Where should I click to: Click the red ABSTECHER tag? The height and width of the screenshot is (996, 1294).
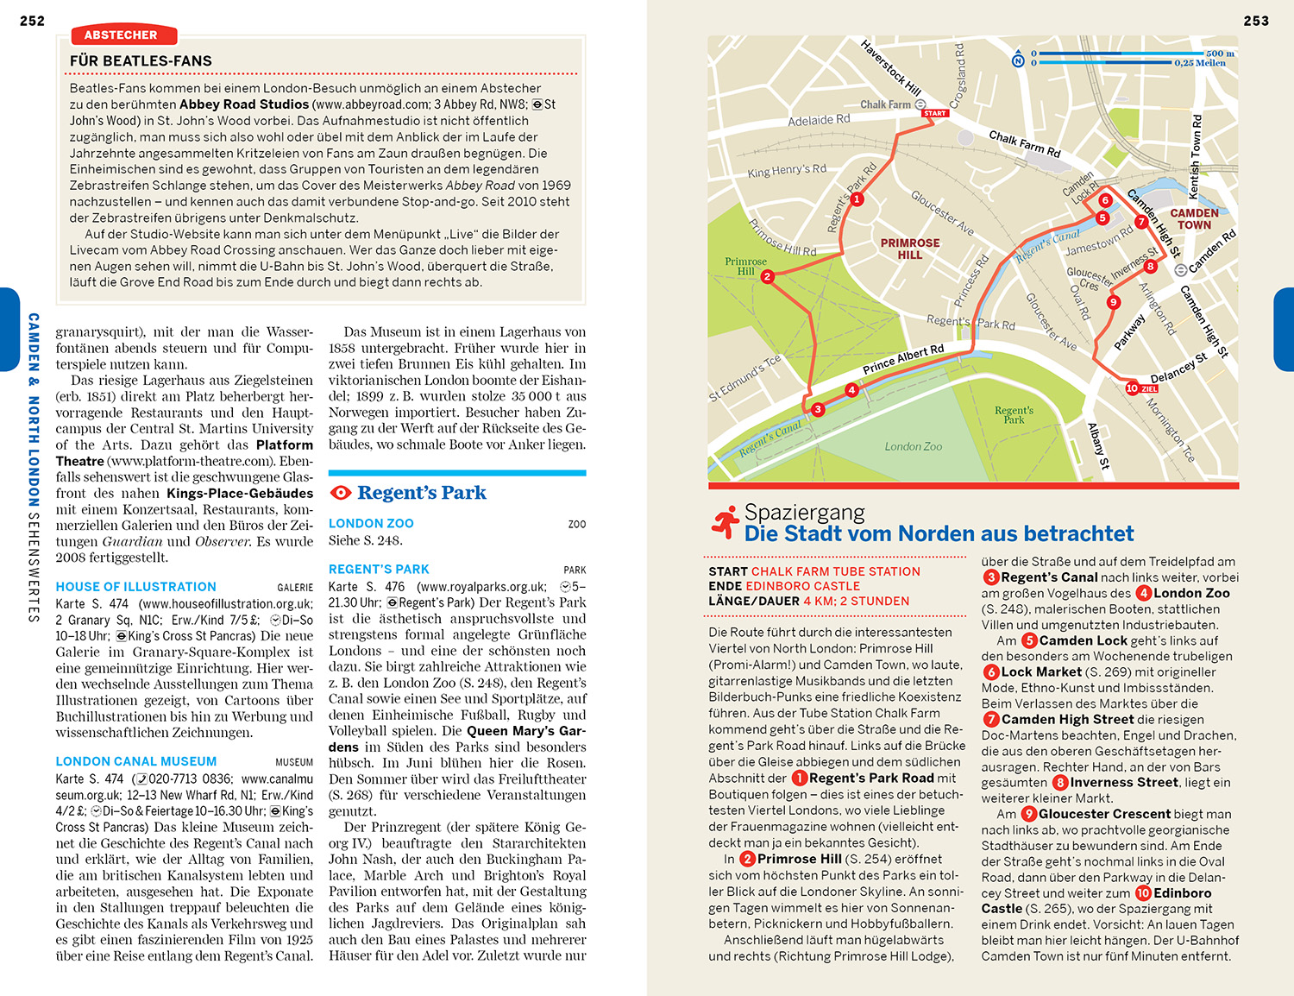point(121,35)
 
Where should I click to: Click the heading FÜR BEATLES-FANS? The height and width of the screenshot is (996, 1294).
point(141,61)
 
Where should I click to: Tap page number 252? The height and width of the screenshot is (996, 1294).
point(32,21)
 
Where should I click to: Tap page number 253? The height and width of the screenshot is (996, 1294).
point(1256,21)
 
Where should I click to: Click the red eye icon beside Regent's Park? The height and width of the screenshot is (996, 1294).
point(341,493)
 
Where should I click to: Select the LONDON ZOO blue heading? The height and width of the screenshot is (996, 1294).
point(371,524)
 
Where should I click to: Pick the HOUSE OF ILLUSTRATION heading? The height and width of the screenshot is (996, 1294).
point(135,587)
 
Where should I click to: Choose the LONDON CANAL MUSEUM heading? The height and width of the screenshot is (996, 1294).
point(135,762)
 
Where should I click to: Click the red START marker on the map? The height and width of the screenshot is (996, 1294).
point(935,113)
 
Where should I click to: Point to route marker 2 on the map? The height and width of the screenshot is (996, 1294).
point(767,277)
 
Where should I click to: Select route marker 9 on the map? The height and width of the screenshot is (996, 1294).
point(1114,302)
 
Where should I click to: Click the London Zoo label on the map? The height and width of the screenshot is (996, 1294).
point(913,447)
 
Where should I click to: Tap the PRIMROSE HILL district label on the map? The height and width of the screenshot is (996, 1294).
point(909,249)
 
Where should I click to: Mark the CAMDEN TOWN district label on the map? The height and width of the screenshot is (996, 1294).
point(1194,219)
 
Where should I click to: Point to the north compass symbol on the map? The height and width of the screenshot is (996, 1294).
point(1018,60)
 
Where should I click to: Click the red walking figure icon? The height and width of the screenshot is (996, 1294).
point(726,521)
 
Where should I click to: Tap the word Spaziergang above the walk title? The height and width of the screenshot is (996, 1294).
point(804,513)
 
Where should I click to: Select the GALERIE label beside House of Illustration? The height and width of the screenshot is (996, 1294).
point(295,588)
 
